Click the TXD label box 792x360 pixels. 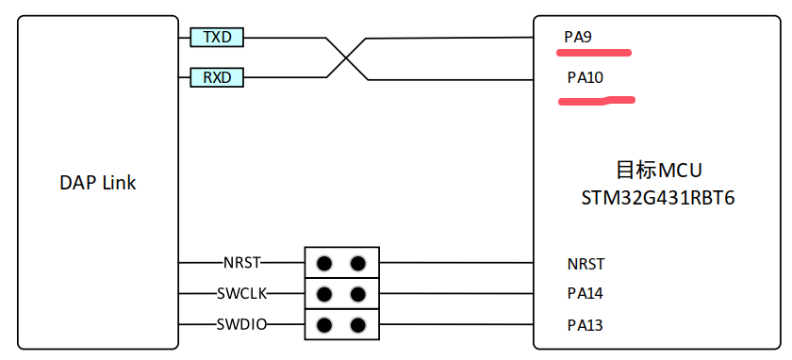click(217, 38)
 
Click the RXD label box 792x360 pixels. click(217, 78)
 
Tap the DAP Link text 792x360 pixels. click(98, 183)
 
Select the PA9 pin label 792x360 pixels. click(578, 38)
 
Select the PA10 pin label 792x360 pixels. click(586, 78)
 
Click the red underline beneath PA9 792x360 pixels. click(593, 52)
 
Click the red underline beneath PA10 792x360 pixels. click(596, 101)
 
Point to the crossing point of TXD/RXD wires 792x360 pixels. click(347, 58)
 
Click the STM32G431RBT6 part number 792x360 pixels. click(658, 198)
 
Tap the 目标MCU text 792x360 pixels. click(659, 171)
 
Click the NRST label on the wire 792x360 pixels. click(242, 263)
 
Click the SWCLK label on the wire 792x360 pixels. click(242, 293)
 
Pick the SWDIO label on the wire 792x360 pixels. click(242, 324)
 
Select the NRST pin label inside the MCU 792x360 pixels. click(586, 264)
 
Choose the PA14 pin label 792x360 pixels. click(586, 293)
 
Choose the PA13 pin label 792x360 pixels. click(586, 325)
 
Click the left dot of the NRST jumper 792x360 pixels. click(324, 263)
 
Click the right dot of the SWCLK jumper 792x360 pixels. click(357, 293)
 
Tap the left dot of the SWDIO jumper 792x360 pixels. click(324, 324)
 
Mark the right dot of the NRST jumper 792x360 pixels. click(357, 263)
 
